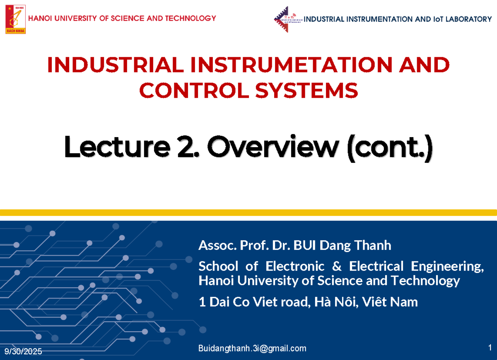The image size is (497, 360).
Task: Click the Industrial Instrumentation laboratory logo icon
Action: point(287,19)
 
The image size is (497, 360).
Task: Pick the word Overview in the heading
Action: point(272,148)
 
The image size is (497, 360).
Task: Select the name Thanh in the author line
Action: point(372,246)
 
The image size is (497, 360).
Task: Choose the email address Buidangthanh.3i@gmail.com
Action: point(253,348)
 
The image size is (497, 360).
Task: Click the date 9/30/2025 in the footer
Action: point(23,352)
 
